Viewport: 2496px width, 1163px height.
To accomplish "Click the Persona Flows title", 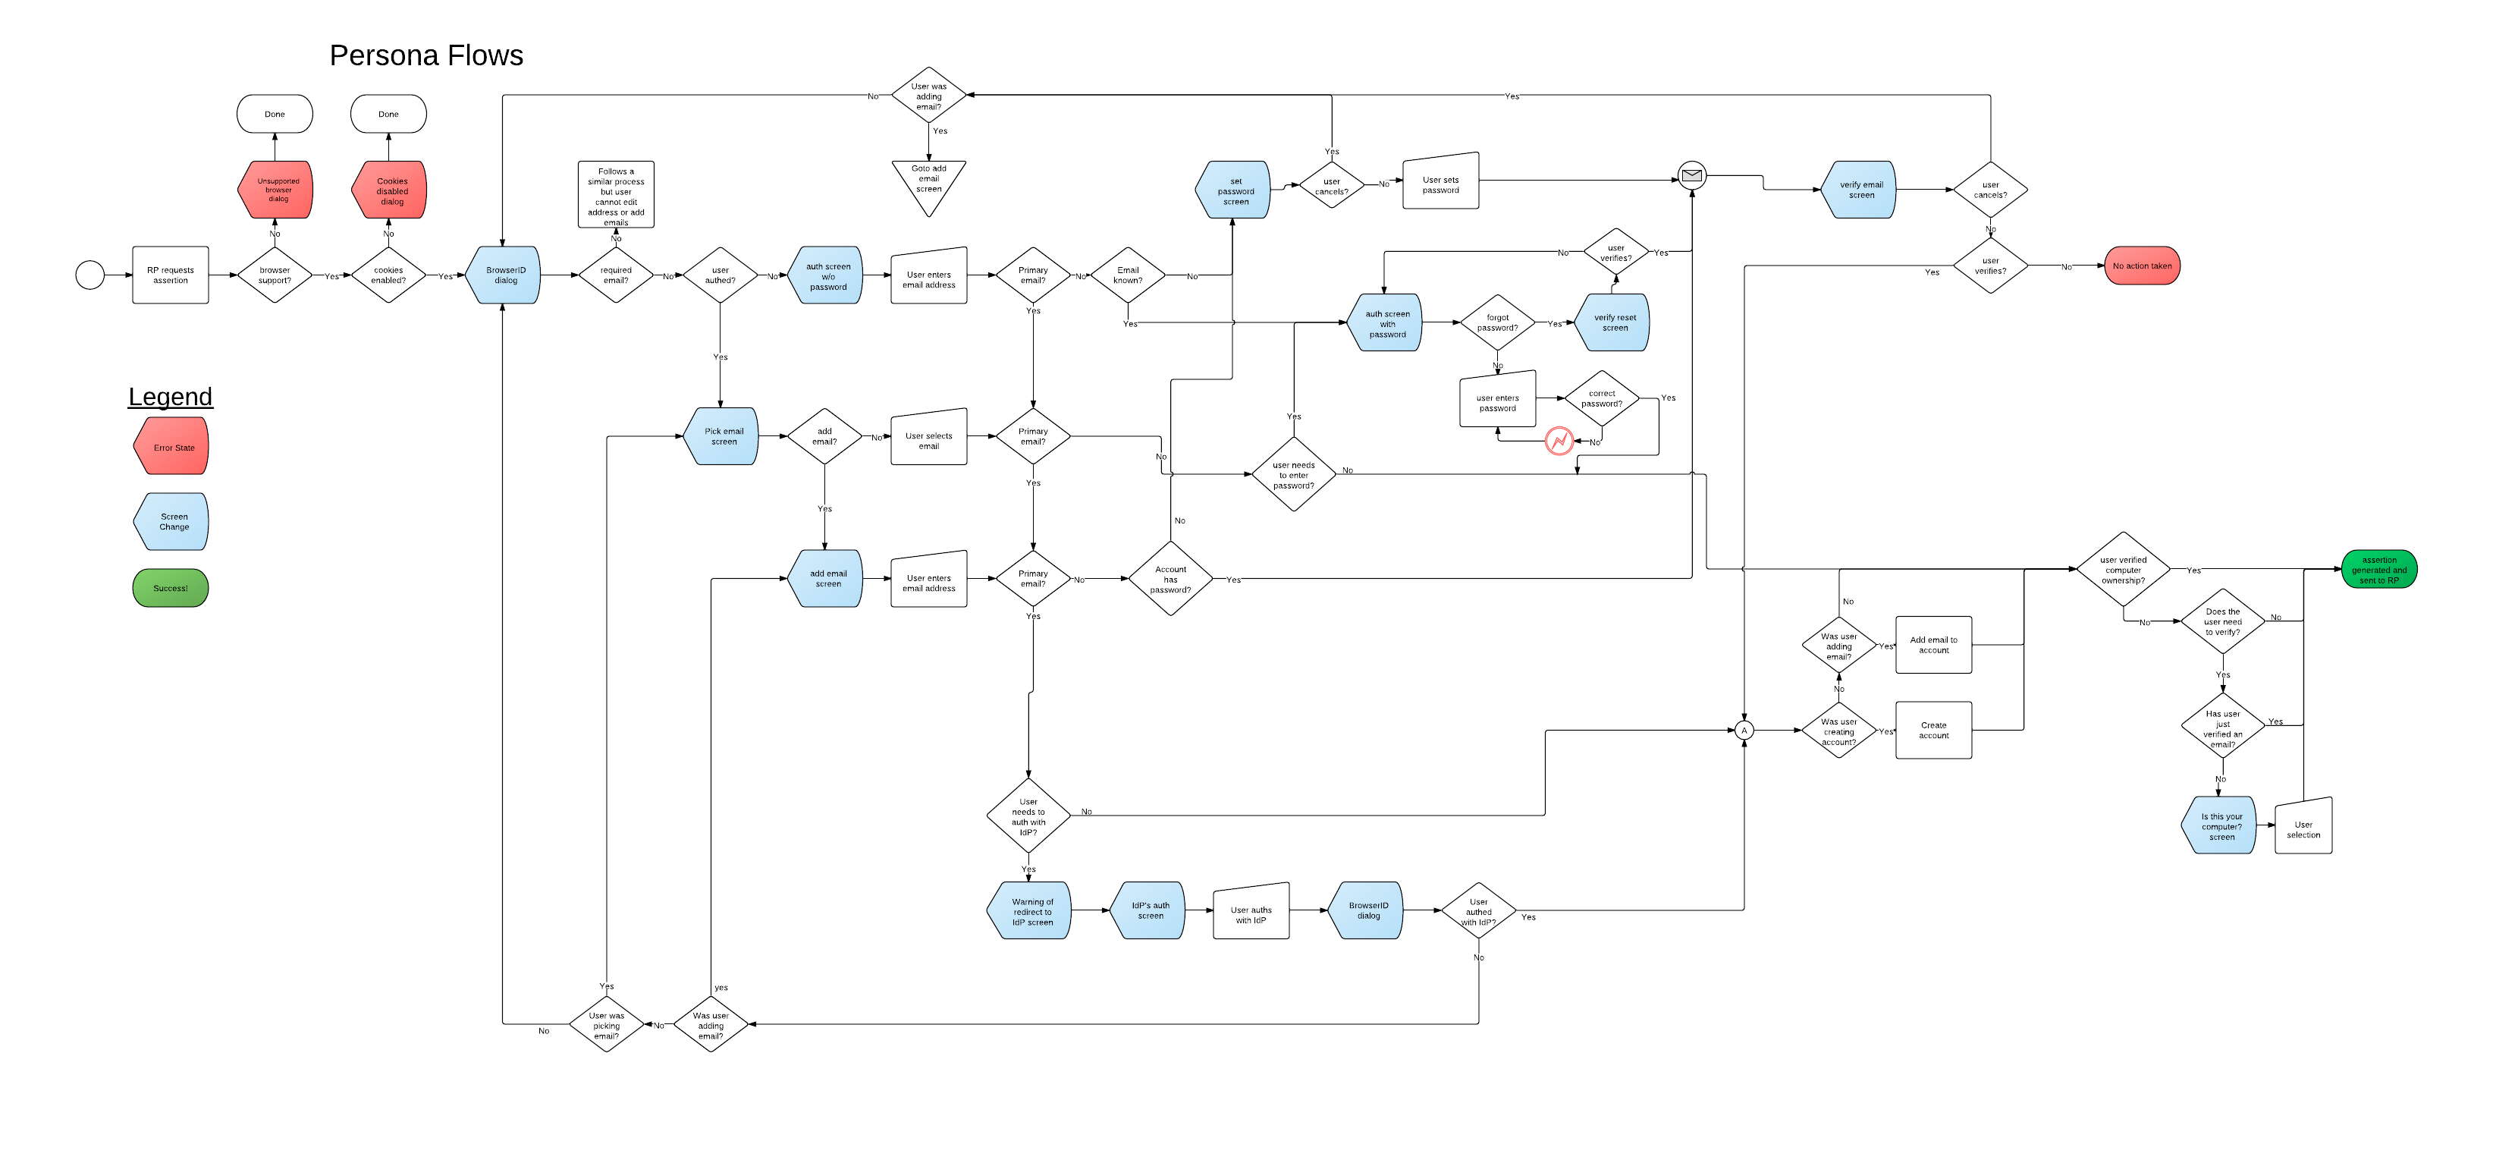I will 425,56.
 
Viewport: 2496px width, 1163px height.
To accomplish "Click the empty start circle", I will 90,275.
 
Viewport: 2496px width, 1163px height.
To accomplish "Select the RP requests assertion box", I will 171,275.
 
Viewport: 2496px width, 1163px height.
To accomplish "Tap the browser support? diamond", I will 275,275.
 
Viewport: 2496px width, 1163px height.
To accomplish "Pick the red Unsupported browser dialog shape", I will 276,190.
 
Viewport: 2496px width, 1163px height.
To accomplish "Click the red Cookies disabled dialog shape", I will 390,190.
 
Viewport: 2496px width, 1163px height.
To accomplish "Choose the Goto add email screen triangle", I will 928,182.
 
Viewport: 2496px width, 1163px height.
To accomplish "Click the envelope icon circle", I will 1692,175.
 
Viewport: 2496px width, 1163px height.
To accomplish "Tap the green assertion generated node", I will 2378,569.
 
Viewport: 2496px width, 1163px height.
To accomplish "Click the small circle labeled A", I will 1744,731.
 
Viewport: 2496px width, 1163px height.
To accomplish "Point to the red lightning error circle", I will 1559,441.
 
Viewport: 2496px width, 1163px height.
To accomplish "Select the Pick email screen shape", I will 722,436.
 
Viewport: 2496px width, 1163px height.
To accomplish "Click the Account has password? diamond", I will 1170,579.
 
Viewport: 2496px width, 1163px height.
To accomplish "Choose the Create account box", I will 1933,730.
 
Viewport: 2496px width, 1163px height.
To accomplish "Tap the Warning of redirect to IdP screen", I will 1030,911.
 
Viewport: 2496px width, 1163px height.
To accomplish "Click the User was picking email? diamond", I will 607,1024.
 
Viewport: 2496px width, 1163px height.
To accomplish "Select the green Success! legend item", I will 171,588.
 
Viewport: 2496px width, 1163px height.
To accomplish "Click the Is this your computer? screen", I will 2220,825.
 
